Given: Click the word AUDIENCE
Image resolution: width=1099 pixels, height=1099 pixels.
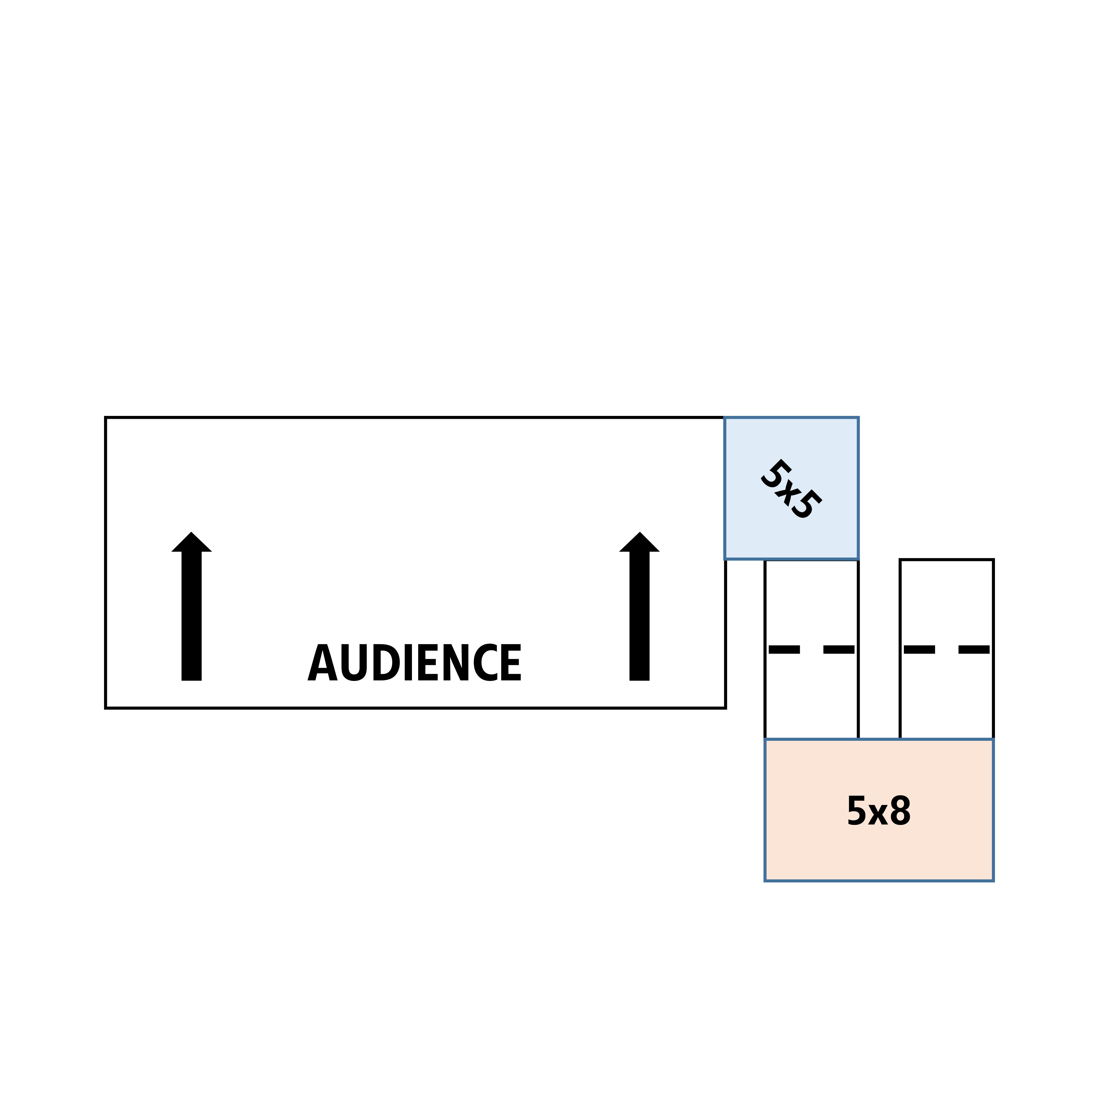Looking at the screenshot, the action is pyautogui.click(x=414, y=662).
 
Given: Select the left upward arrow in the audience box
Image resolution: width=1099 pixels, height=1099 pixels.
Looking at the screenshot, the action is pyautogui.click(x=192, y=606).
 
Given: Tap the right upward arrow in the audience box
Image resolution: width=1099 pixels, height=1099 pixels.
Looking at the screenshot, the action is pyautogui.click(x=639, y=606).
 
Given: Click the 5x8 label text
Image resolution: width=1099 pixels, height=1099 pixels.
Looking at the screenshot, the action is pyautogui.click(x=879, y=810).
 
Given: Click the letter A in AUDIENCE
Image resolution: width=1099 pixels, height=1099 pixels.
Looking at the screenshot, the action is pyautogui.click(x=323, y=662).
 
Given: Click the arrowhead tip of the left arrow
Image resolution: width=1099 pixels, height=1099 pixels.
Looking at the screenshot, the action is pyautogui.click(x=192, y=532).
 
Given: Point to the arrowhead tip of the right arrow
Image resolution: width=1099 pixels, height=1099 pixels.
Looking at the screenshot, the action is pyautogui.click(x=640, y=532).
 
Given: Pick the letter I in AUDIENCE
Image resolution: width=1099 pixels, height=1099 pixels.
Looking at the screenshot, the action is pyautogui.click(x=408, y=662).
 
